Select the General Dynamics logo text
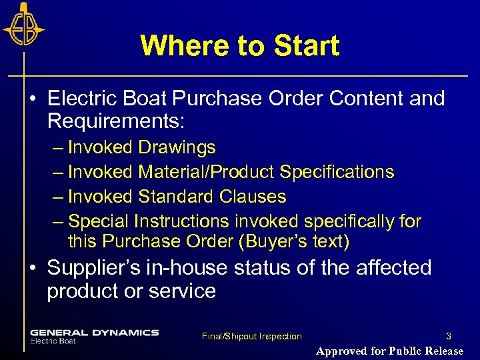coord(94,333)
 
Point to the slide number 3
coord(449,336)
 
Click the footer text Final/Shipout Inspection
coord(251,337)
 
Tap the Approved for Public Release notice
coord(389,351)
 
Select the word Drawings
coord(177,147)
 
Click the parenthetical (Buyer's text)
coord(293,241)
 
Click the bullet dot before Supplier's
coord(32,269)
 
